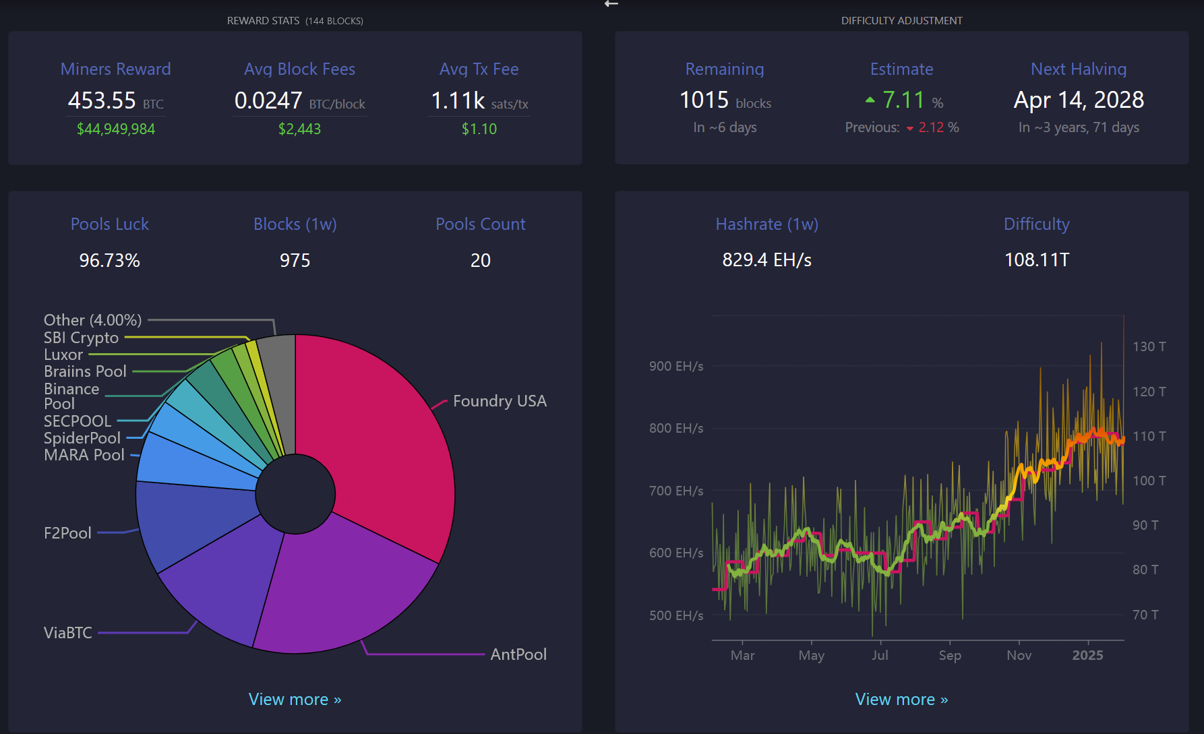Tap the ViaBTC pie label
[x=68, y=633]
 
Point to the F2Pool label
[x=67, y=533]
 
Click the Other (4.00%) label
[x=93, y=320]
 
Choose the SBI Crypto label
[x=81, y=338]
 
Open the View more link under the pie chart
[x=295, y=700]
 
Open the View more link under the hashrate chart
[x=901, y=700]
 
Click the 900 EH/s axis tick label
[x=675, y=366]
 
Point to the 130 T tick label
[x=1149, y=346]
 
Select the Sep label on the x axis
[x=950, y=655]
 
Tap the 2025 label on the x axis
[x=1087, y=655]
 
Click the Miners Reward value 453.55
[x=102, y=100]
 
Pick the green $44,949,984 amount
[x=116, y=129]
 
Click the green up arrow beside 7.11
[x=870, y=100]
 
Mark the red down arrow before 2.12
[x=910, y=128]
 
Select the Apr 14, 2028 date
[x=1079, y=100]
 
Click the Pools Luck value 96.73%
[x=109, y=260]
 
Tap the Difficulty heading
[x=1036, y=224]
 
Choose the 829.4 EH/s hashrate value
[x=766, y=259]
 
